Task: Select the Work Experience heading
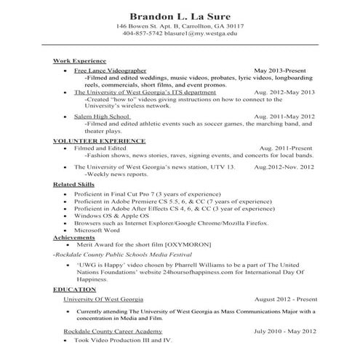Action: pyautogui.click(x=80, y=60)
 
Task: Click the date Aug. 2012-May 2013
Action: pyautogui.click(x=284, y=92)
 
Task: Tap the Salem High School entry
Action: pyautogui.click(x=101, y=116)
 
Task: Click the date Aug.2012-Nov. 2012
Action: pyautogui.click(x=284, y=167)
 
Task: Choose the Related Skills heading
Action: pyautogui.click(x=75, y=185)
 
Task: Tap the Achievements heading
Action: pyautogui.click(x=75, y=237)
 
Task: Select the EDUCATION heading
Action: pyautogui.click(x=74, y=290)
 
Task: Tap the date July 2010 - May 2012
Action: pyautogui.click(x=284, y=331)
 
